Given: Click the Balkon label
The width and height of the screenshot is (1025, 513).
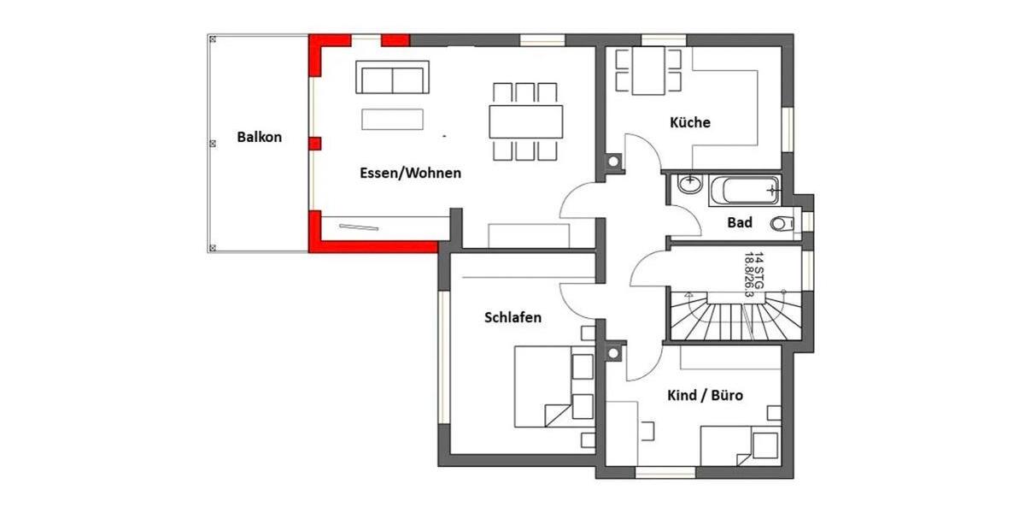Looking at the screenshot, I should click(x=259, y=137).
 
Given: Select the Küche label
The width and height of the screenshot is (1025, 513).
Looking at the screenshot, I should click(x=690, y=122).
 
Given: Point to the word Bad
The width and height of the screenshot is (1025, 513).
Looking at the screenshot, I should click(x=739, y=223).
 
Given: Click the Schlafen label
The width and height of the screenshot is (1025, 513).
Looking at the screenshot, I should click(x=512, y=317).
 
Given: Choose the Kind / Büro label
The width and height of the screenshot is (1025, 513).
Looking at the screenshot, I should click(x=704, y=396).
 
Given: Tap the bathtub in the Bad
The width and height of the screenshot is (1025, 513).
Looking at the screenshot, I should click(x=745, y=190).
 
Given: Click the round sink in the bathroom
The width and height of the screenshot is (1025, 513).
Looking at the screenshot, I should click(x=688, y=182).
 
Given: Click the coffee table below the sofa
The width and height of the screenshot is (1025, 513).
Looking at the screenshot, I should click(x=392, y=118).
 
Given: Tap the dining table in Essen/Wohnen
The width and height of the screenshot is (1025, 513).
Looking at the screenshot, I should click(x=526, y=121).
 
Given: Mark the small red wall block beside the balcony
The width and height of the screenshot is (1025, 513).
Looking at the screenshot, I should click(x=314, y=142).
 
